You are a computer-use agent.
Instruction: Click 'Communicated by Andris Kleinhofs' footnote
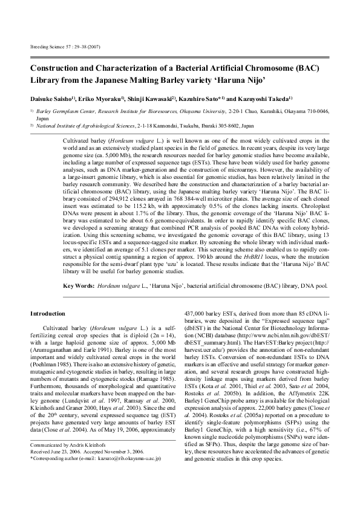65,464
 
